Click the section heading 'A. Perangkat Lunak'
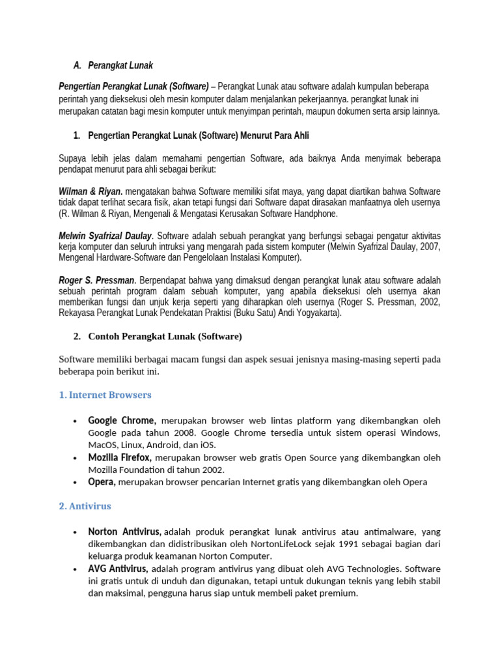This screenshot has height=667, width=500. tap(113, 66)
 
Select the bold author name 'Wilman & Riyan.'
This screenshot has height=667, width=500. tap(90, 192)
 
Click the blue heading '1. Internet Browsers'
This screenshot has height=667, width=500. tap(105, 395)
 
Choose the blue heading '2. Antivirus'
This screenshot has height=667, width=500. tap(85, 505)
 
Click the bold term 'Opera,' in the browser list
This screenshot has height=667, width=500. tap(102, 482)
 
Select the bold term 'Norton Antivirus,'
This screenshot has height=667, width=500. tap(125, 532)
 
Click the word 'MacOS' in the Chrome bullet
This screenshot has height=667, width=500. tap(101, 445)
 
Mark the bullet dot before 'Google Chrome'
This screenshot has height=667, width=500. tap(76, 421)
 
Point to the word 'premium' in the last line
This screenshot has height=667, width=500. tap(339, 593)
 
